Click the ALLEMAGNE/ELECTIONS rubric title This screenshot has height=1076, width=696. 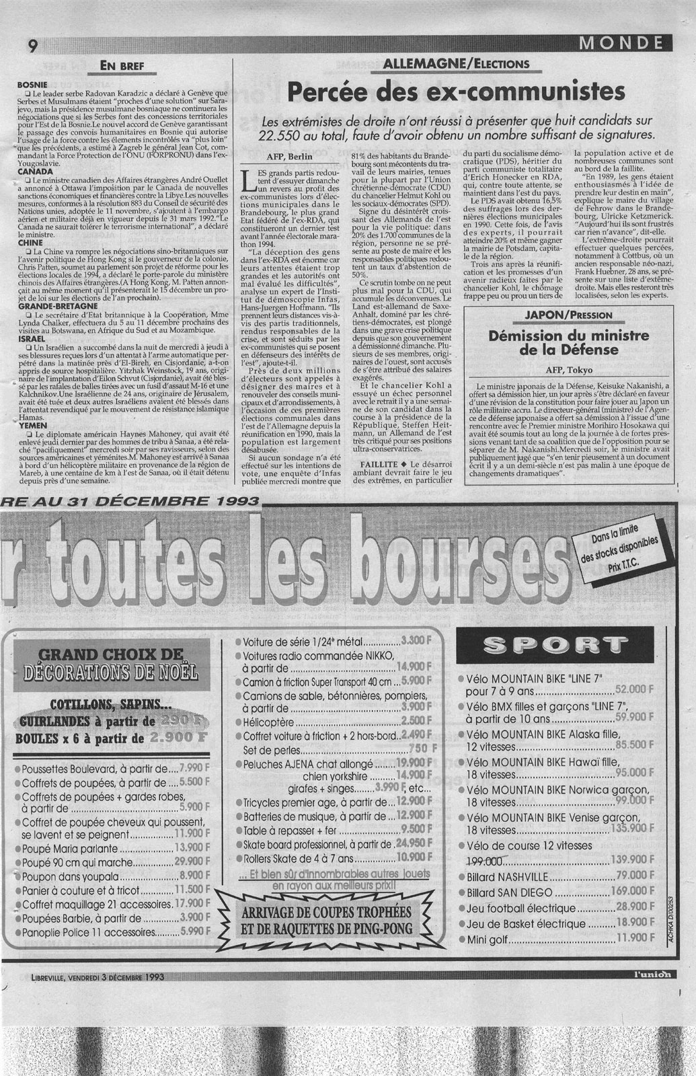455,65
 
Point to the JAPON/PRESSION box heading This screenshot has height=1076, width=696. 568,315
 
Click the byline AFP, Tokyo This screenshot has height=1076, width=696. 568,369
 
